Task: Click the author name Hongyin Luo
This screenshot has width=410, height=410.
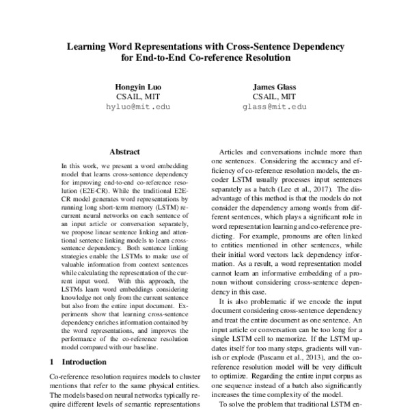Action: (x=138, y=85)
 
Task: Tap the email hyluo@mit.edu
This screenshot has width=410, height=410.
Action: (x=138, y=107)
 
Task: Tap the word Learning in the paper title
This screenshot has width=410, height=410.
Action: (x=85, y=48)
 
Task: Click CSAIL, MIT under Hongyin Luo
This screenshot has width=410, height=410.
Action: (x=138, y=96)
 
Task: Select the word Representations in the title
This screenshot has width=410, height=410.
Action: (x=162, y=48)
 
